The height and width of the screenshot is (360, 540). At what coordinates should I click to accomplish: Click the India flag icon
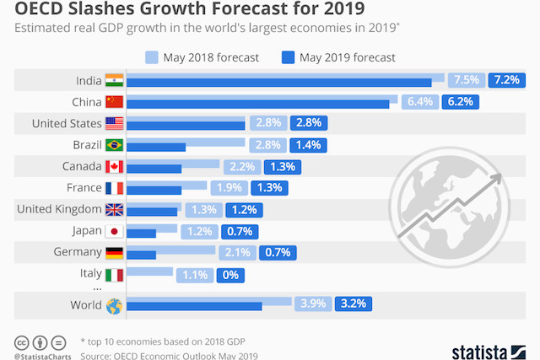coord(114,81)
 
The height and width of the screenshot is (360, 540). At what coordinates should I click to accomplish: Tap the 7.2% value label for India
coord(507,80)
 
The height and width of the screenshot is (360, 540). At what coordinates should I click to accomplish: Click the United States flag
coord(114,124)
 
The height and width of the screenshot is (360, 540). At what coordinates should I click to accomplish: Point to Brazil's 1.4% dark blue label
coord(308,144)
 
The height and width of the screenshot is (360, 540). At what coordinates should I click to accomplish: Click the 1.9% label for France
coord(229,187)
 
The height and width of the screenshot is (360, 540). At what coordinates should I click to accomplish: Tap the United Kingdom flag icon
coord(114,209)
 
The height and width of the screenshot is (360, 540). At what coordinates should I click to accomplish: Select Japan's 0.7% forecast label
coord(240,230)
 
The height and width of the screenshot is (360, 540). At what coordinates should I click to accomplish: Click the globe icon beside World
coord(114,305)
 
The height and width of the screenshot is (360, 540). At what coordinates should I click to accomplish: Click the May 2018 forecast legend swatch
coord(153,57)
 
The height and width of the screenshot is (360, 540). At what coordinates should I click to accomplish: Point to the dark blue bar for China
coord(257,104)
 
